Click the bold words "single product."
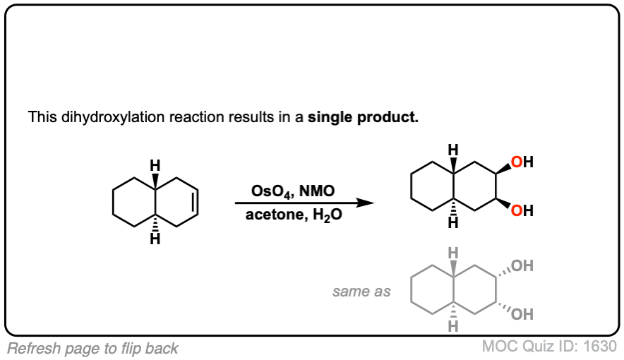tap(364, 116)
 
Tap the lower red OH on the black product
tap(522, 210)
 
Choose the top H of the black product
tap(453, 150)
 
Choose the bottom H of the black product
tap(453, 224)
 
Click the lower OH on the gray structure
tap(522, 313)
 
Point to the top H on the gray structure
tap(453, 253)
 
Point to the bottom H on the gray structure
tap(453, 327)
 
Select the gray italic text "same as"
tap(361, 291)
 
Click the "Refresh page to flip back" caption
tap(92, 348)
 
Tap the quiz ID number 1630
tap(600, 347)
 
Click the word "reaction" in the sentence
tap(196, 117)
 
